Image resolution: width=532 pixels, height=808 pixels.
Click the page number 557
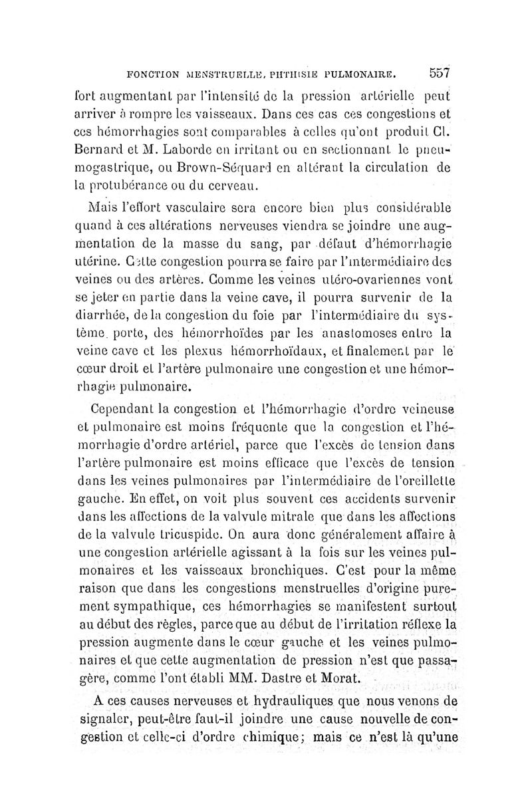coord(440,72)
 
